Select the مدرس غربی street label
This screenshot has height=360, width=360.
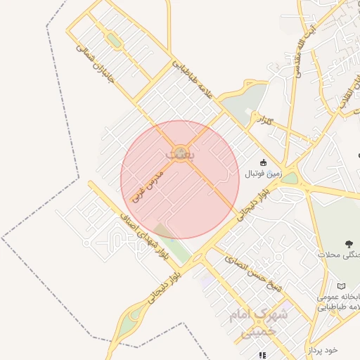point(147,185)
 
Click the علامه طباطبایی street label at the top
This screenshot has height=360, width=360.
point(191,77)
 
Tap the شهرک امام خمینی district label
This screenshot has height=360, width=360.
point(259,323)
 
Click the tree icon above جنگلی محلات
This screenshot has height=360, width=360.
point(349,244)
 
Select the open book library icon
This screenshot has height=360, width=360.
point(341,286)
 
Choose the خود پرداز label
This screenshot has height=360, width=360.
point(323,349)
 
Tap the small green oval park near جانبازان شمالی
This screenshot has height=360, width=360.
point(113,40)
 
